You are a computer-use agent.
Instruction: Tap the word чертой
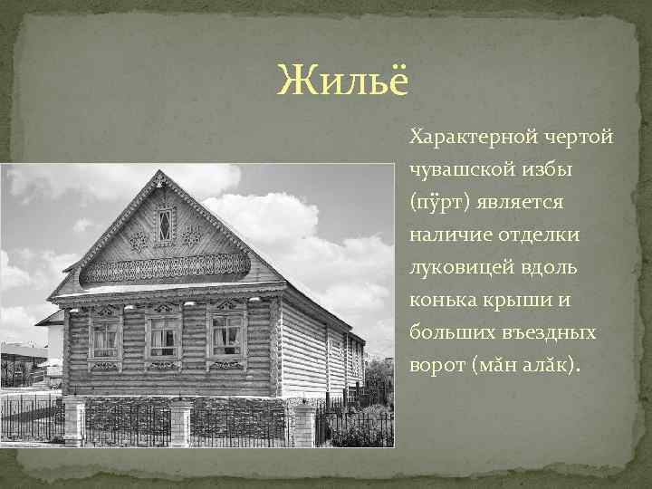[x=580, y=138]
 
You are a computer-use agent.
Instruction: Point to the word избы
[x=565, y=169]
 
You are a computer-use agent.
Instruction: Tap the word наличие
[x=448, y=235]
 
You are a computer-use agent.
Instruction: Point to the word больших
[x=449, y=332]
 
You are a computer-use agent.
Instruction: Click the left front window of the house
[x=106, y=338]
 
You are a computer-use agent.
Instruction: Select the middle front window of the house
[x=164, y=336]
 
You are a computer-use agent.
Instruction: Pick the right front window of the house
[x=226, y=335]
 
